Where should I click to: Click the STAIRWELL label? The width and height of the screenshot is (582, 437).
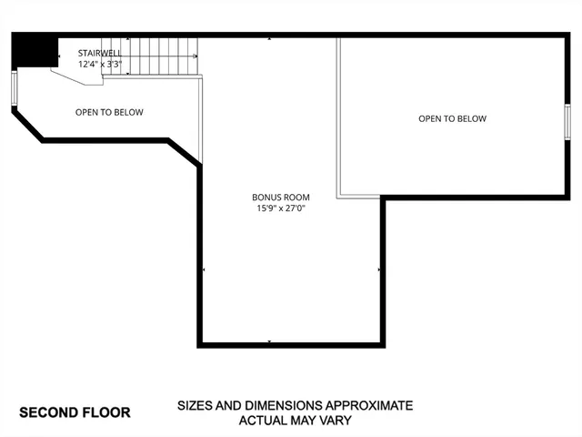pyautogui.click(x=100, y=53)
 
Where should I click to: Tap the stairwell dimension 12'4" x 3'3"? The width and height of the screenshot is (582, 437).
pyautogui.click(x=100, y=65)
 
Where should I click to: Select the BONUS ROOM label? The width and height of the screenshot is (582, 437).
pyautogui.click(x=281, y=198)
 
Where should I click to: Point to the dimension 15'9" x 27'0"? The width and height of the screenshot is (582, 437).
pyautogui.click(x=281, y=209)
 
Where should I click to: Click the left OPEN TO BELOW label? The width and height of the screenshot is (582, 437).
pyautogui.click(x=109, y=113)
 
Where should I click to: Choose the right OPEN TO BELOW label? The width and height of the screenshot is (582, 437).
pyautogui.click(x=452, y=118)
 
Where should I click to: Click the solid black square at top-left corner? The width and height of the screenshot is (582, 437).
pyautogui.click(x=35, y=52)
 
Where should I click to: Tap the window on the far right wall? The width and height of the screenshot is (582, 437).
pyautogui.click(x=567, y=121)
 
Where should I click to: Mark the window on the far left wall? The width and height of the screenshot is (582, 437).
pyautogui.click(x=14, y=89)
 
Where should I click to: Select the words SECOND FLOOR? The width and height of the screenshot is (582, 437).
pyautogui.click(x=75, y=412)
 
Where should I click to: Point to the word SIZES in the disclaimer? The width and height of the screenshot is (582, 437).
pyautogui.click(x=196, y=405)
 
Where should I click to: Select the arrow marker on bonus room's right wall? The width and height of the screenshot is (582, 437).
pyautogui.click(x=379, y=270)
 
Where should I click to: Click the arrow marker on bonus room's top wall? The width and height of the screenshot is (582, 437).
pyautogui.click(x=270, y=40)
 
